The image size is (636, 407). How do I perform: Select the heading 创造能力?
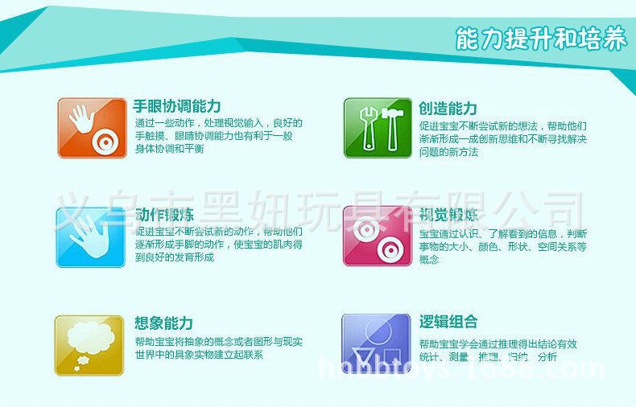[x=448, y=108]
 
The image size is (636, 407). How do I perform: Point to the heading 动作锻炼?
[x=165, y=216]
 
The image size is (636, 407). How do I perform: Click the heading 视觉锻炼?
[x=448, y=216]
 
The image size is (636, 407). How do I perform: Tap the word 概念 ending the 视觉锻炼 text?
[x=430, y=260]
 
